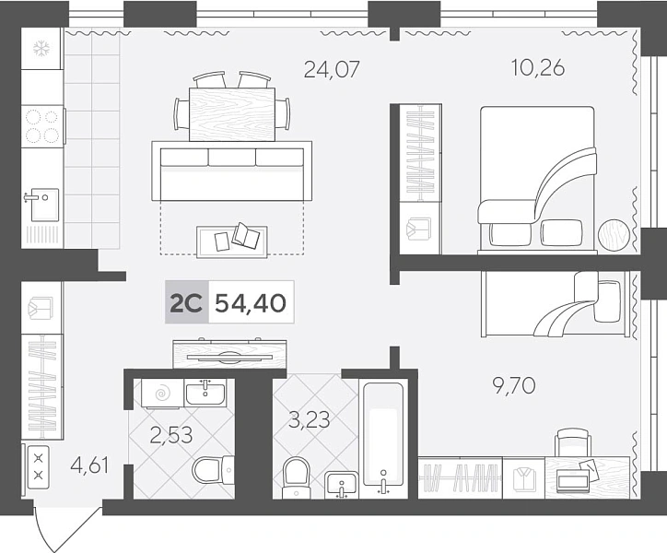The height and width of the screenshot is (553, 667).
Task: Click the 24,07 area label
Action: pos(332,69)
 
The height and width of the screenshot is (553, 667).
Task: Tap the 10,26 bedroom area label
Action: pos(538,68)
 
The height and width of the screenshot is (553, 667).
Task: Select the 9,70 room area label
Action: pos(514,386)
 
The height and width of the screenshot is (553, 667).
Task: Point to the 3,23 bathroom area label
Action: pos(310,419)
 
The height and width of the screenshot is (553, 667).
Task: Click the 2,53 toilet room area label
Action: pos(172,435)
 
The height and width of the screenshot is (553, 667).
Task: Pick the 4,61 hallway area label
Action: pos(89,465)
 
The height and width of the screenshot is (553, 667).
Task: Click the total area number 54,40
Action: pos(251,303)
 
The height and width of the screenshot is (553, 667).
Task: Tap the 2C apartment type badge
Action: pos(186,303)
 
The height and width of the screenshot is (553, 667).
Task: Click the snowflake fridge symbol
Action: pos(41,49)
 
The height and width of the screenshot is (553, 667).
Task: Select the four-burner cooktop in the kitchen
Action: pos(42,126)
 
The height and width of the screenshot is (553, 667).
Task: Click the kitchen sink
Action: pos(43,205)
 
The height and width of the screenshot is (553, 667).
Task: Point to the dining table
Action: pos(232,114)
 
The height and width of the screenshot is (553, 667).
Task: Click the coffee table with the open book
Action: pos(232,241)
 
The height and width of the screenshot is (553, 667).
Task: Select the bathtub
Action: pos(383,439)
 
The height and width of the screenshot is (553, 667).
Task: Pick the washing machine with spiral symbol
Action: pos(162,394)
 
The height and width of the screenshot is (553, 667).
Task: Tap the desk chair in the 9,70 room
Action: pos(573,442)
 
